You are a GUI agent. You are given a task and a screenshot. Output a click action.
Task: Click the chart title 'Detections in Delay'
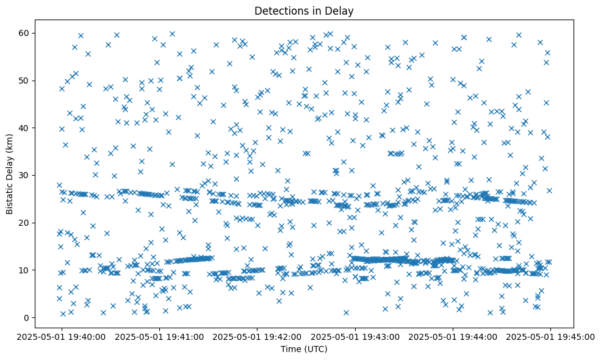[304, 11]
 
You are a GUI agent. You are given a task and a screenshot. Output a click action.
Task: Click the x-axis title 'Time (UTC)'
[304, 349]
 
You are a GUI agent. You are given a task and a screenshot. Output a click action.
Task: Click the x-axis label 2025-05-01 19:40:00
[62, 336]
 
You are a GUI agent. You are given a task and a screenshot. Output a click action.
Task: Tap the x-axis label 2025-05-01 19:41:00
[160, 336]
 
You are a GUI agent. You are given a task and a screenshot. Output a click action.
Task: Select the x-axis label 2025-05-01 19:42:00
[257, 336]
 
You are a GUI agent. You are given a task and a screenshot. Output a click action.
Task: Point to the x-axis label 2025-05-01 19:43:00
[355, 336]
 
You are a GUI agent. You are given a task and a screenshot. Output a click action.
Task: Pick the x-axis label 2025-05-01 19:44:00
[453, 336]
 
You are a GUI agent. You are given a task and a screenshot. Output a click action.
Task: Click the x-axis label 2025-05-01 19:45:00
[551, 336]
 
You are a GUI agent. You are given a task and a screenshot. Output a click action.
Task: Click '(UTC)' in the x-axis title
[315, 349]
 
